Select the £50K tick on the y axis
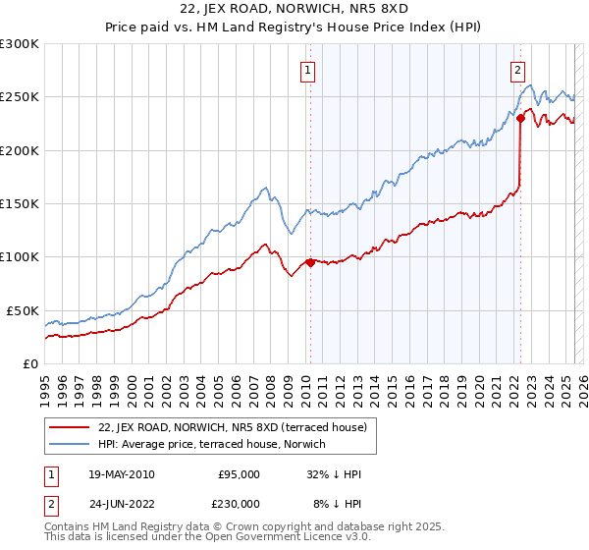pos(23,310)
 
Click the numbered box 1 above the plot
pos(308,70)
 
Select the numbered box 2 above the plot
pos(517,70)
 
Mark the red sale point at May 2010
pos(310,262)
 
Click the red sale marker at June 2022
pos(520,119)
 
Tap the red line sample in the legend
pos(70,427)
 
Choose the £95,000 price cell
pos(240,474)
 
